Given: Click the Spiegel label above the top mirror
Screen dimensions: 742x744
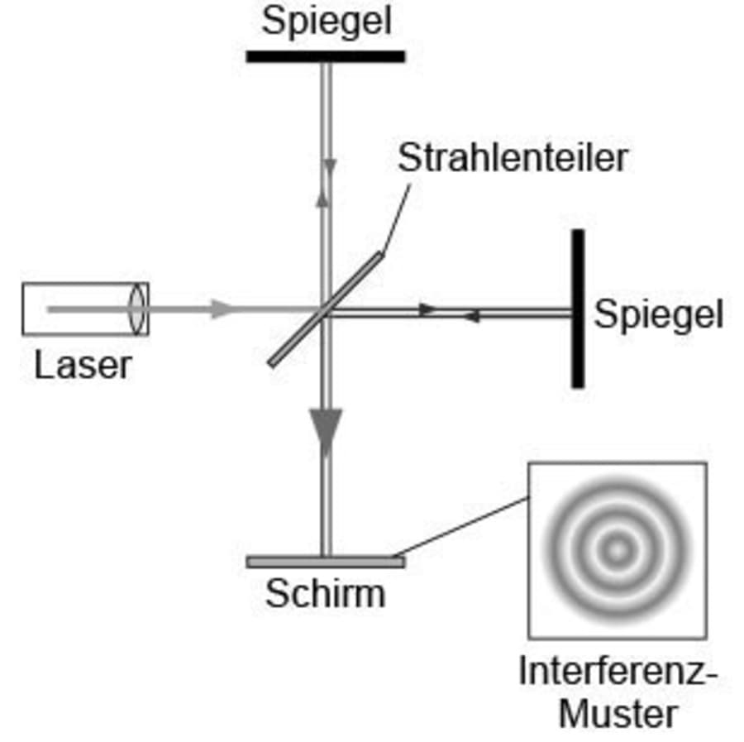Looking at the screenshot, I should (x=327, y=22).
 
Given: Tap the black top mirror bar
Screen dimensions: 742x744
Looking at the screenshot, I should (x=326, y=57).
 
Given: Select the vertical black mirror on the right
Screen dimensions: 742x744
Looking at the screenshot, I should (x=578, y=309).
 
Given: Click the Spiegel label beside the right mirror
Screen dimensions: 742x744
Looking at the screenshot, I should (x=658, y=315).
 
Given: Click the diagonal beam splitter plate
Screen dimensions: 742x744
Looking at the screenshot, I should (x=326, y=309).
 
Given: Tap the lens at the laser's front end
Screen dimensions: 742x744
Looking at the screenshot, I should (x=137, y=309).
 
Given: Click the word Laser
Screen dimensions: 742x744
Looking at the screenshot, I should (x=83, y=365).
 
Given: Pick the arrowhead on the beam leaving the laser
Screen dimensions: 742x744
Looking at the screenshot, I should (x=222, y=309).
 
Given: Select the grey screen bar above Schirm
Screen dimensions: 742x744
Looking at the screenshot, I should (x=326, y=562).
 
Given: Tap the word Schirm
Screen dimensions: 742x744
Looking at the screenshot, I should (x=325, y=593).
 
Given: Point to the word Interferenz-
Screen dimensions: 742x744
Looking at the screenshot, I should (x=617, y=672).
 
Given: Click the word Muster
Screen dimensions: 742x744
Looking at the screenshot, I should (x=617, y=713).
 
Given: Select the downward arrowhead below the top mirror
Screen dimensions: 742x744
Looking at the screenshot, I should (x=331, y=167).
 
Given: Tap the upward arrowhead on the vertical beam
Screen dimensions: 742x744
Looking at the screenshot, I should (x=323, y=197).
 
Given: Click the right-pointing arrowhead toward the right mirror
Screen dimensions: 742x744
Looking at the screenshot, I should (x=427, y=309).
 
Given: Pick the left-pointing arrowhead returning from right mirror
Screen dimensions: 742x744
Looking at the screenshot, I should (x=470, y=316).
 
